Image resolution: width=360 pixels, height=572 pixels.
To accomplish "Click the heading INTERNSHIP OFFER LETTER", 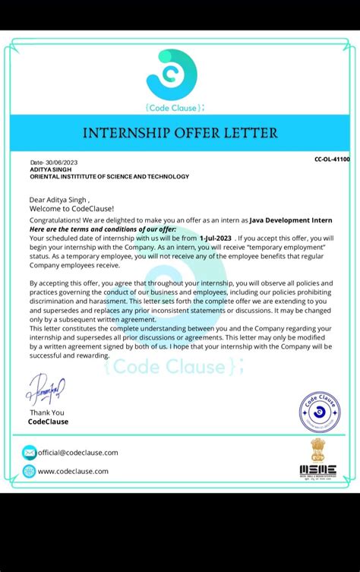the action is pyautogui.click(x=181, y=133).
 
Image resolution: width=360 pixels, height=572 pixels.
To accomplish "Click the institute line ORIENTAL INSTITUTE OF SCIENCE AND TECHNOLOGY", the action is pyautogui.click(x=109, y=176).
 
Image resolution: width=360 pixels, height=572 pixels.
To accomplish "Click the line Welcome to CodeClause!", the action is pyautogui.click(x=71, y=208).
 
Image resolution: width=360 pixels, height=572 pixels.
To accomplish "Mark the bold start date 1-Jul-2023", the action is pyautogui.click(x=215, y=238).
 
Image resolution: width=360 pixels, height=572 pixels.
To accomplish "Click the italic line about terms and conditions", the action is pyautogui.click(x=103, y=229).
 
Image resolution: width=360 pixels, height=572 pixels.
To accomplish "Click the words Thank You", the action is pyautogui.click(x=47, y=412).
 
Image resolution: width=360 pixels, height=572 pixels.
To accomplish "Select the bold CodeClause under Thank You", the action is pyautogui.click(x=48, y=422).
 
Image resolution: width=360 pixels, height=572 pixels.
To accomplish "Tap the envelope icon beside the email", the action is pyautogui.click(x=29, y=453).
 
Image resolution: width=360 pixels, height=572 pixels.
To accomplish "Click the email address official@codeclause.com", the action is pyautogui.click(x=77, y=453).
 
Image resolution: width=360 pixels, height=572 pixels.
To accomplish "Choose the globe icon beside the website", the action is pyautogui.click(x=29, y=471).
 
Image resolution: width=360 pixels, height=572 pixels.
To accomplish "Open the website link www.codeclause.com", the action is pyautogui.click(x=73, y=471).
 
